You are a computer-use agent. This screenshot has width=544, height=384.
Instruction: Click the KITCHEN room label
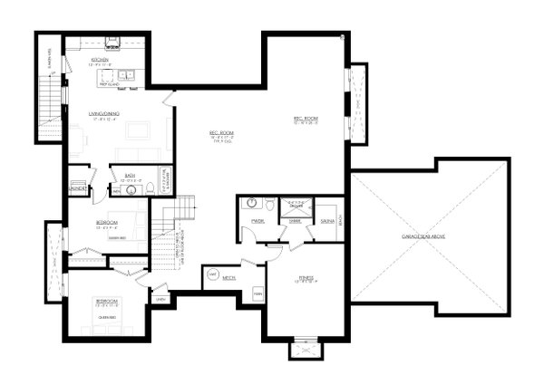[x=100, y=59]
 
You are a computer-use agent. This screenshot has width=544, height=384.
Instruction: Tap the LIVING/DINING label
[x=105, y=113]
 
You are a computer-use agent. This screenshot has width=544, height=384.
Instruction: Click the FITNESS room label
[x=306, y=278]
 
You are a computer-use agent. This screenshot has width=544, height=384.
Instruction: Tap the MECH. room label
[x=229, y=278]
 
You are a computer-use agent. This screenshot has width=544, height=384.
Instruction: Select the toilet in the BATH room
[x=151, y=189]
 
